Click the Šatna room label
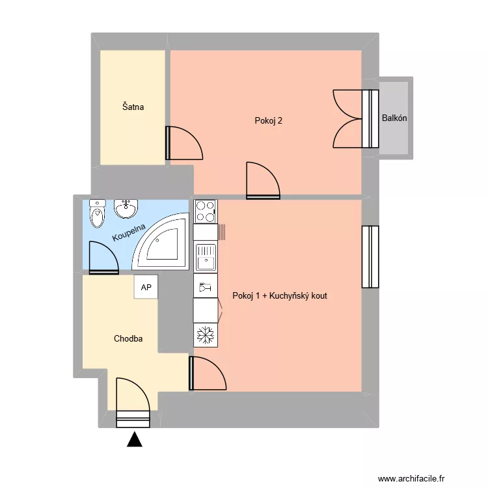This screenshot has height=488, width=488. [x=133, y=106]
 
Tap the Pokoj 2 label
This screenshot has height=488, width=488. [x=269, y=120]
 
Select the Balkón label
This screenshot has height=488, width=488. [x=395, y=118]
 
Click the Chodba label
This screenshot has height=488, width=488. [x=128, y=338]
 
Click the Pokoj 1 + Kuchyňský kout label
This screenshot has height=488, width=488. [x=280, y=295]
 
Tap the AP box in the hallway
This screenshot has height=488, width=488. [x=146, y=287]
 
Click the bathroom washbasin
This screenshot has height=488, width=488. [x=125, y=209]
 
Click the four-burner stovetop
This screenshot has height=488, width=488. [x=206, y=211]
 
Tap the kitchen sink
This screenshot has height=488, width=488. [x=206, y=257]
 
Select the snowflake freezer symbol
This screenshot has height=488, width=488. [x=206, y=335]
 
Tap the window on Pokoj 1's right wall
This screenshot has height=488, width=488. [x=370, y=256]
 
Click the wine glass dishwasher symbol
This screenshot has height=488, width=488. [x=206, y=286]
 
